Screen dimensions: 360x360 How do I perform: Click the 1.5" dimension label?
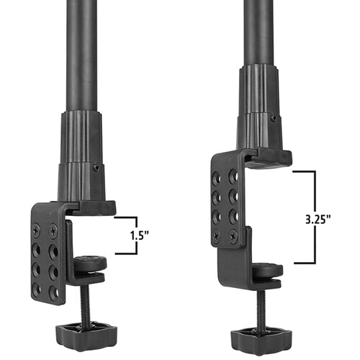tap(140, 235)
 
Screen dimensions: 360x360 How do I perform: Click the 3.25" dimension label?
tap(318, 220)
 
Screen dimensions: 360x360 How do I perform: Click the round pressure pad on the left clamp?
tap(90, 264)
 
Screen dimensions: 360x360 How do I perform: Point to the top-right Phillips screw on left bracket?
tap(53, 231)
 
